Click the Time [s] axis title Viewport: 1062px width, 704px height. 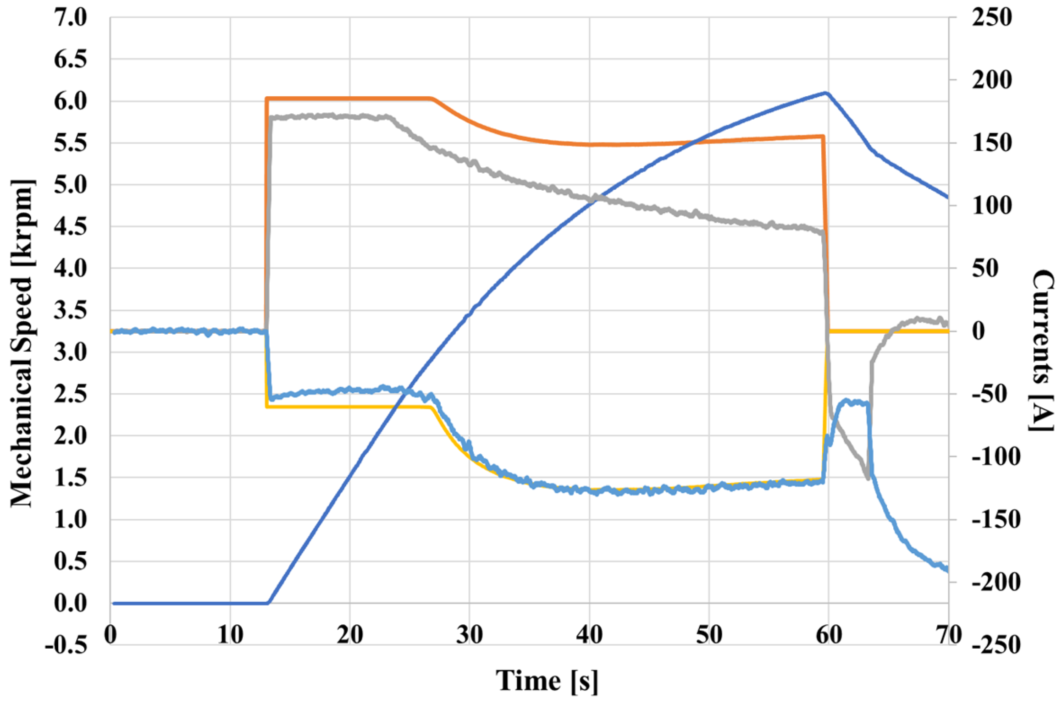coord(547,680)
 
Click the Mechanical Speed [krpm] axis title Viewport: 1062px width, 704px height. coord(22,343)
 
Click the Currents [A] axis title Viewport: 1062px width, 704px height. coord(1042,350)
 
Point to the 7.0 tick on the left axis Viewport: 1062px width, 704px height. coord(70,18)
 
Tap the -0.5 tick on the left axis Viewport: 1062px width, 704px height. coord(66,645)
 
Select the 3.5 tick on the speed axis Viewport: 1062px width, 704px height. coord(70,311)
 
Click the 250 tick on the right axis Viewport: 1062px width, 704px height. coord(992,18)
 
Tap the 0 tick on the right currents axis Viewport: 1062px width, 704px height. coord(978,331)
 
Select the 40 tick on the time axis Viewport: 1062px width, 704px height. coord(589,635)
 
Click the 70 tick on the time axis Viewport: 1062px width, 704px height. coord(948,635)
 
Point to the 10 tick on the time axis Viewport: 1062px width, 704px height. coord(230,635)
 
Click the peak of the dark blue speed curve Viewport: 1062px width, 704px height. coord(826,93)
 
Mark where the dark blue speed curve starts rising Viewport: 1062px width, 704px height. coord(269,603)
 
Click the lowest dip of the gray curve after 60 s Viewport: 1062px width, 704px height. coord(868,478)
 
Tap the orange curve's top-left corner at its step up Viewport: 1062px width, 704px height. coord(266,98)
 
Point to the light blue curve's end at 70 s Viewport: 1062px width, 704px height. coord(947,570)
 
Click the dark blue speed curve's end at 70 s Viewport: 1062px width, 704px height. coord(947,198)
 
